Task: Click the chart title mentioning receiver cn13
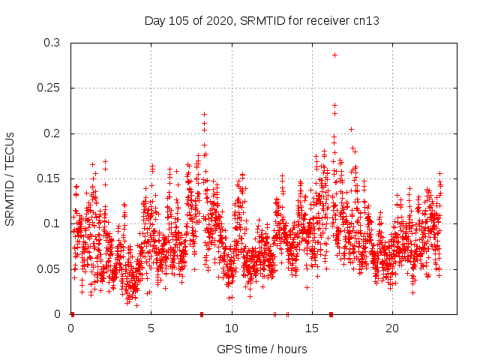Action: (x=262, y=20)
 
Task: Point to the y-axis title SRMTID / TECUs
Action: (x=10, y=178)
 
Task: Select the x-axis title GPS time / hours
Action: (x=262, y=349)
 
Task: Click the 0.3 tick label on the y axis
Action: (x=52, y=43)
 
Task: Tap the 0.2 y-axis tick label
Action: (x=52, y=133)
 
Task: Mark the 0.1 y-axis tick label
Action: (x=52, y=223)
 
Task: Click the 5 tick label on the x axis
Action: (x=151, y=328)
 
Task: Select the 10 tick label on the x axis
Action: (x=232, y=328)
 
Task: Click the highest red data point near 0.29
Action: (x=334, y=55)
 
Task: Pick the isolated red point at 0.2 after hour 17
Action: (x=351, y=129)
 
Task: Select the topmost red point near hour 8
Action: (x=204, y=114)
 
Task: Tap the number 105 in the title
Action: (x=178, y=20)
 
